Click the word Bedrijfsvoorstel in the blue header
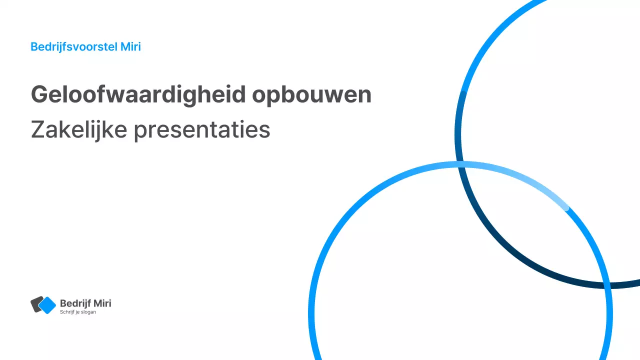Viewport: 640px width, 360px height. pyautogui.click(x=74, y=47)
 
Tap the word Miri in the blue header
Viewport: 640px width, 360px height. pyautogui.click(x=130, y=47)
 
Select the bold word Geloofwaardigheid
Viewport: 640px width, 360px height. pyautogui.click(x=138, y=94)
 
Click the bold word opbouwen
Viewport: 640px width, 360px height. pyautogui.click(x=311, y=94)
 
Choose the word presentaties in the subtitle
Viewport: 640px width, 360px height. pyautogui.click(x=202, y=131)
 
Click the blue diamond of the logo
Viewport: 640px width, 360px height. pyautogui.click(x=47, y=305)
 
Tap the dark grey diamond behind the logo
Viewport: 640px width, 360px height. pyautogui.click(x=34, y=304)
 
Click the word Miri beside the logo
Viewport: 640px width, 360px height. pyautogui.click(x=102, y=303)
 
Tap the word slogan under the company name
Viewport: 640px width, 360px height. pyautogui.click(x=88, y=312)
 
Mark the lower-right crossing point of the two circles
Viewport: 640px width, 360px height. pyautogui.click(x=605, y=285)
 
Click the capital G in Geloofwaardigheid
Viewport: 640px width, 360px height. pyautogui.click(x=38, y=94)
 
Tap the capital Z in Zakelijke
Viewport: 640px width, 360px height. pyautogui.click(x=37, y=130)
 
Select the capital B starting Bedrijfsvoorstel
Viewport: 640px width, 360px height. pyautogui.click(x=34, y=47)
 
